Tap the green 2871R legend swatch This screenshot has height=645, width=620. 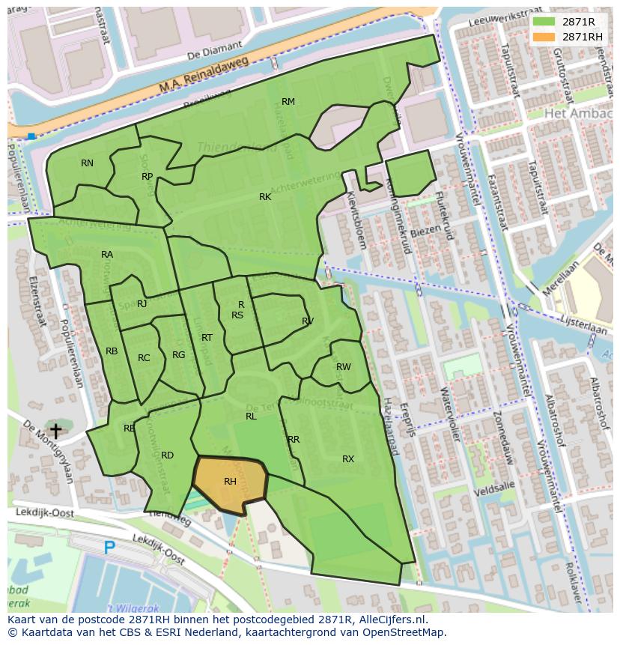pyautogui.click(x=544, y=22)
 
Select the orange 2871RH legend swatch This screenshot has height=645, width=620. pyautogui.click(x=544, y=37)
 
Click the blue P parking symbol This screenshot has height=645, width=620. pyautogui.click(x=109, y=548)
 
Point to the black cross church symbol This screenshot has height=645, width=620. pyautogui.click(x=55, y=431)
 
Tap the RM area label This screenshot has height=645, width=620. pyautogui.click(x=288, y=101)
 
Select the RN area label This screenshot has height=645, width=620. pyautogui.click(x=88, y=163)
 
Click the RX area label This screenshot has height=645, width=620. pyautogui.click(x=348, y=458)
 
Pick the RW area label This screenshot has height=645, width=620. pyautogui.click(x=343, y=366)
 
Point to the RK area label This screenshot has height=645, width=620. pyautogui.click(x=265, y=196)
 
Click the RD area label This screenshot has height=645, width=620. pyautogui.click(x=167, y=455)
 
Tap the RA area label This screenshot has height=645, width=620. pyautogui.click(x=107, y=254)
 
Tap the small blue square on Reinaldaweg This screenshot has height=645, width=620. pyautogui.click(x=31, y=136)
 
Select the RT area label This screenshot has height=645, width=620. pyautogui.click(x=207, y=337)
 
